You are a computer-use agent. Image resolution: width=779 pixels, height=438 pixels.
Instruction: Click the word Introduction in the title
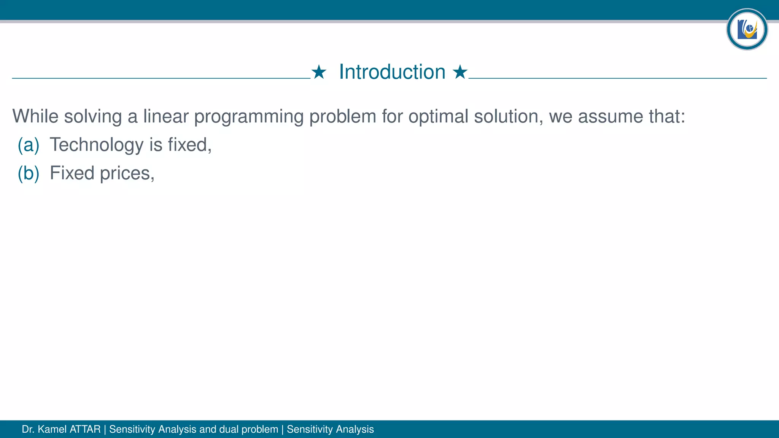[392, 72]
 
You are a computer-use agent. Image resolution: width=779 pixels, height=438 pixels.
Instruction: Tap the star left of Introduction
[319, 72]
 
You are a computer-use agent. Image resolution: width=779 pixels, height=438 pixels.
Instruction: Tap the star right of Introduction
[460, 72]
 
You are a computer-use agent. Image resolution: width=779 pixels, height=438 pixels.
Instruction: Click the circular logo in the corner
[747, 29]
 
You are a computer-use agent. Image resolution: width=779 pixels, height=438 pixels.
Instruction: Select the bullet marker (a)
[29, 145]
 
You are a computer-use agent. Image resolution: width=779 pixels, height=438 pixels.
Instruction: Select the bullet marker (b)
[29, 173]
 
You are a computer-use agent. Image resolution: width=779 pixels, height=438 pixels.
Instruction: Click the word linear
[166, 116]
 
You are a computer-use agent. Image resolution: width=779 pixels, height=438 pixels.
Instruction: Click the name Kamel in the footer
[52, 429]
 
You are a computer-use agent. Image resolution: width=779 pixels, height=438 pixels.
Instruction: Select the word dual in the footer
[229, 429]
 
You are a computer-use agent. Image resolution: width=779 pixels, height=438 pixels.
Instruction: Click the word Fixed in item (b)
[72, 173]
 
